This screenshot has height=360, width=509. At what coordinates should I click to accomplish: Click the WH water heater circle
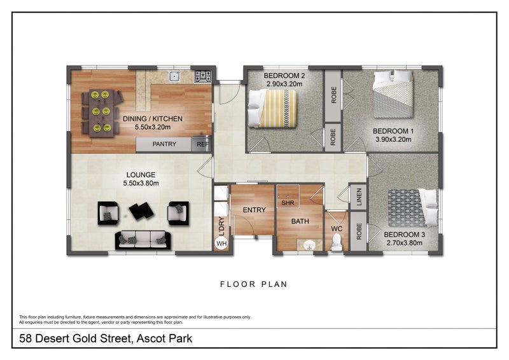[221, 243]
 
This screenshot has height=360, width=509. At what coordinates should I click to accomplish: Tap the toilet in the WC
[337, 242]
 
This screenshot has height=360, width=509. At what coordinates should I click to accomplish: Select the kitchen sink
[174, 76]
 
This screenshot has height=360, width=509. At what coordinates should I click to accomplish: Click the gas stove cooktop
[203, 76]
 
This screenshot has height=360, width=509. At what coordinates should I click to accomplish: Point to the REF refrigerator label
[202, 144]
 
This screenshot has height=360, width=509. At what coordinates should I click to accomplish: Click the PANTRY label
[164, 144]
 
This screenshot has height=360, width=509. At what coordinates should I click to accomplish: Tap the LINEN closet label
[359, 197]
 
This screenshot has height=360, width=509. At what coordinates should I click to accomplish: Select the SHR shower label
[288, 203]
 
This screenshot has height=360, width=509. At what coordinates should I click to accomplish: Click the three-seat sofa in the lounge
[143, 240]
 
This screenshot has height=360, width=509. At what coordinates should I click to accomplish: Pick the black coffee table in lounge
[141, 211]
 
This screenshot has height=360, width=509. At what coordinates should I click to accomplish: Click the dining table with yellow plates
[101, 113]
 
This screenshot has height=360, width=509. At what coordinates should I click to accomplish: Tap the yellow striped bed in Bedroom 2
[273, 108]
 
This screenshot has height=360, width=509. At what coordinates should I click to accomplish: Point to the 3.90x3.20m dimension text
[393, 139]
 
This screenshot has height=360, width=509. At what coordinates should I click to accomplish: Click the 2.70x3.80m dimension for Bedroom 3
[405, 243]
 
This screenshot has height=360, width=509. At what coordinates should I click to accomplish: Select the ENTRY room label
[254, 210]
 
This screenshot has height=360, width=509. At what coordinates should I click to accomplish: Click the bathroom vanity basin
[309, 244]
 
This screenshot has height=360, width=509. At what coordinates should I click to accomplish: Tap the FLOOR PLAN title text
[254, 284]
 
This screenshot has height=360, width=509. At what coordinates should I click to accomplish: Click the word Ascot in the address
[150, 338]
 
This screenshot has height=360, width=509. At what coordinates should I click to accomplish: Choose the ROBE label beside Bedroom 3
[359, 231]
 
